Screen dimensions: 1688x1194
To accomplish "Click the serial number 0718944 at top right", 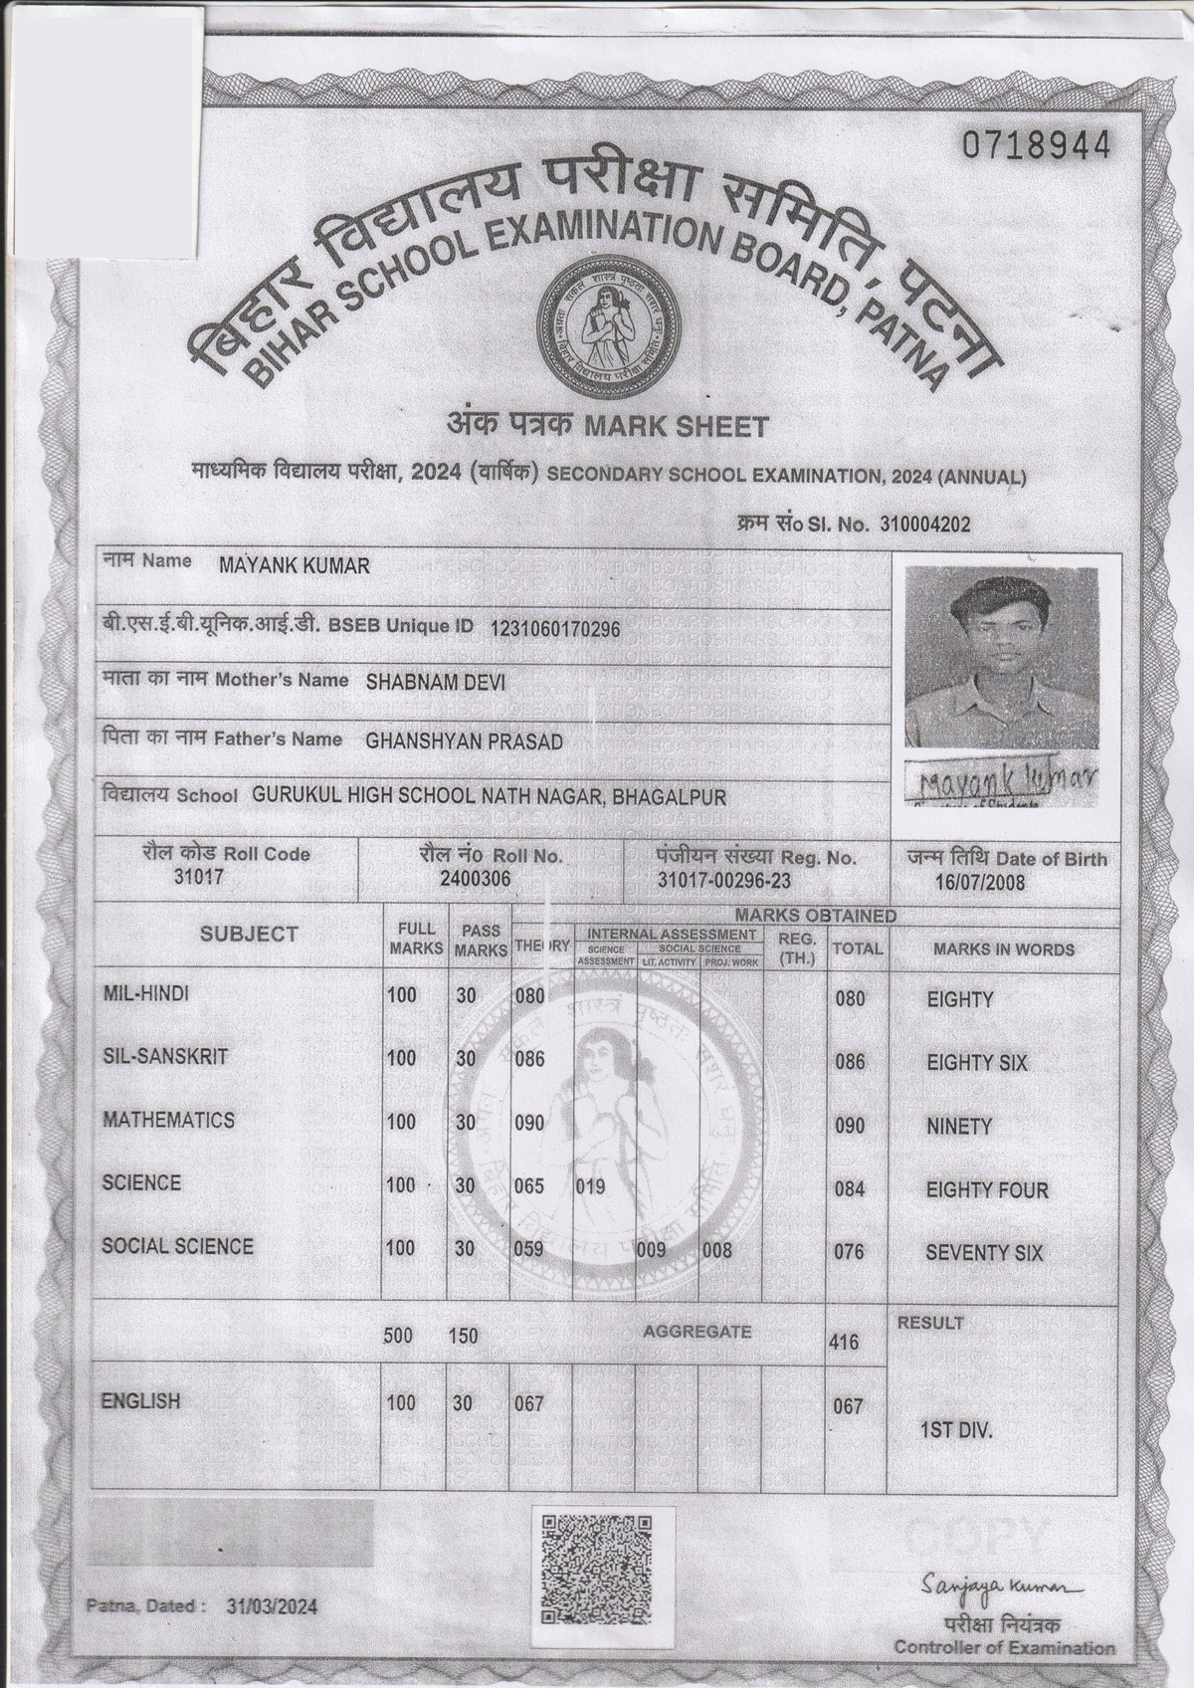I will [x=1035, y=146].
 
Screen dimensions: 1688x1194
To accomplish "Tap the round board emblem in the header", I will [x=600, y=320].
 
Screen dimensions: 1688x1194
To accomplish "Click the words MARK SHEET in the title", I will [x=676, y=427].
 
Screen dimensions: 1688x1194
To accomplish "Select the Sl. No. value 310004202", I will [x=925, y=525].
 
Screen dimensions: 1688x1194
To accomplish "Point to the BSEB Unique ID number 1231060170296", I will [x=555, y=629].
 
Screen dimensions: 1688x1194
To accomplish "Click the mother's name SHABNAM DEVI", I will [x=436, y=683].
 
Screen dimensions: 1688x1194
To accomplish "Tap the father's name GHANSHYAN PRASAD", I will [x=464, y=740].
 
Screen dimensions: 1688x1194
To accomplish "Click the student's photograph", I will [x=1002, y=658].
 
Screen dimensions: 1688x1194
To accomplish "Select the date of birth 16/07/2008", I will [x=980, y=883].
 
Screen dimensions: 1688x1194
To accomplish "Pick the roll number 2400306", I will [x=476, y=879].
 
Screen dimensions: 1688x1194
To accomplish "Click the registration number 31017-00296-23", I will [x=724, y=881].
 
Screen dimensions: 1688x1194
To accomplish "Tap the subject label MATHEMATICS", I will [x=169, y=1120].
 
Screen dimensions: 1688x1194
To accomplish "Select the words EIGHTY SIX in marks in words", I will [x=976, y=1063].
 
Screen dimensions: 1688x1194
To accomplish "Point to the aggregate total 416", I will [x=844, y=1343].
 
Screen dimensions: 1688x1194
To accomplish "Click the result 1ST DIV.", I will [x=956, y=1430].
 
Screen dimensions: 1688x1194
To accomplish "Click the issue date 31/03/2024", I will [x=272, y=1606].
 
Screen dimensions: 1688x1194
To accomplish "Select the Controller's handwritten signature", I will [x=1000, y=1582].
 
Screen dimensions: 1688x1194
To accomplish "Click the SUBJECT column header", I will [x=249, y=934].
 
